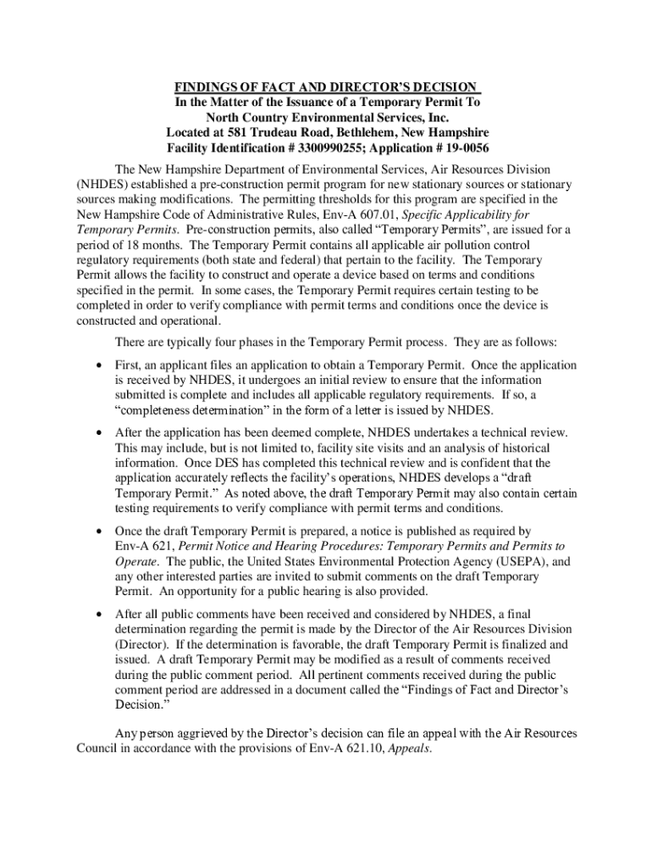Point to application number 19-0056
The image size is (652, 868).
click(x=457, y=148)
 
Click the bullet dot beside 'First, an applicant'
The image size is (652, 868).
click(x=99, y=365)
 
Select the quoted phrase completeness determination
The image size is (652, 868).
click(x=175, y=411)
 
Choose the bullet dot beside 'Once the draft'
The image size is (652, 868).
click(x=99, y=531)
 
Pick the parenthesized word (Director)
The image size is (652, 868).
click(x=142, y=644)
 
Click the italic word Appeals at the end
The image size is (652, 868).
click(x=409, y=748)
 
